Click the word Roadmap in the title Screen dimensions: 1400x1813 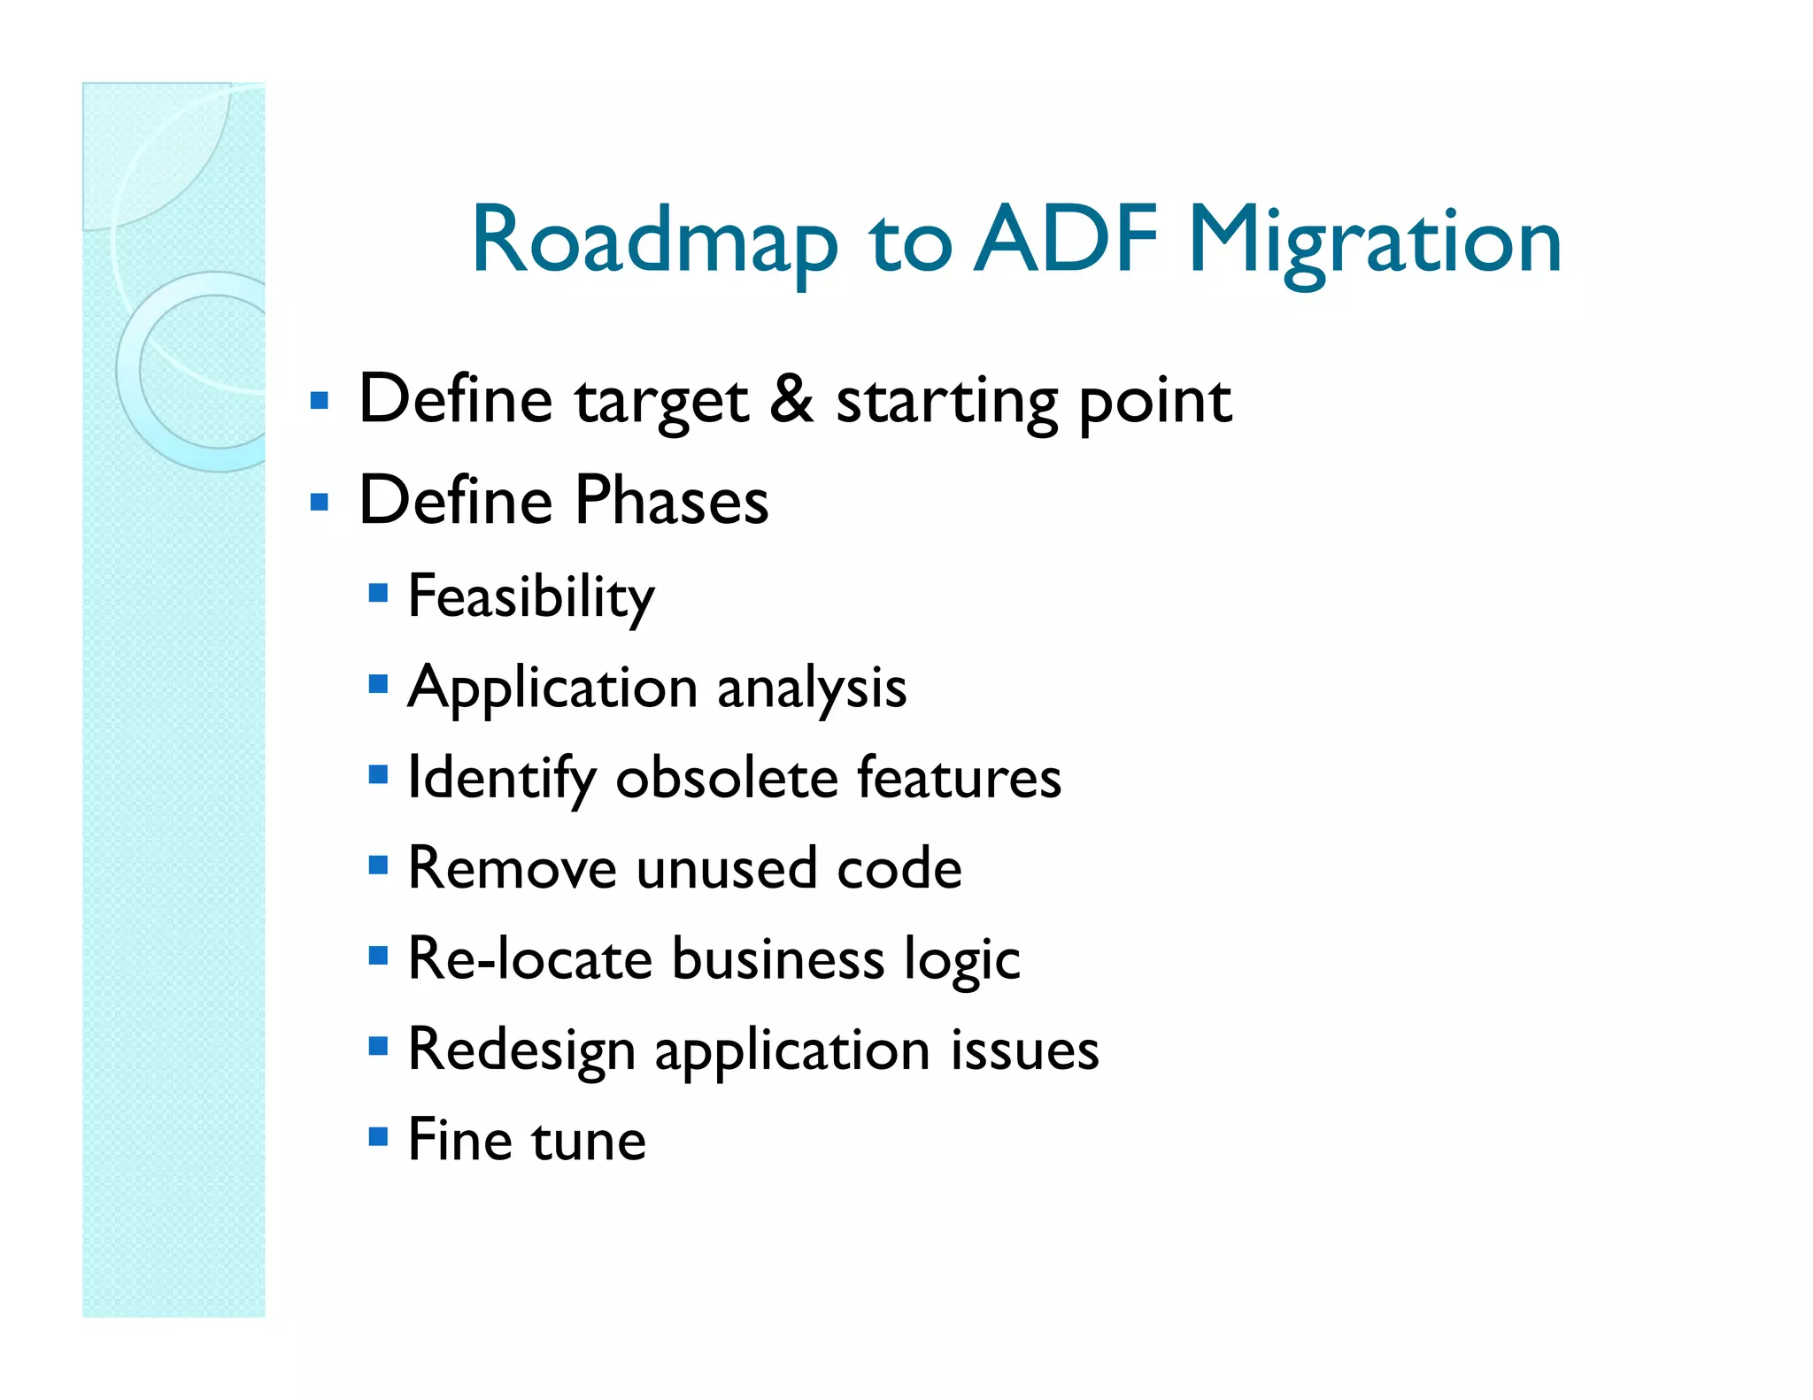(x=654, y=241)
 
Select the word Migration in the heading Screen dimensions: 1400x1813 (x=1374, y=241)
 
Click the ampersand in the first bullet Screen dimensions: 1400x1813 (x=791, y=399)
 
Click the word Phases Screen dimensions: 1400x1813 (x=672, y=500)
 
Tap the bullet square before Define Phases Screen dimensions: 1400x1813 (x=320, y=503)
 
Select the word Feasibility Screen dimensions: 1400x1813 (x=531, y=597)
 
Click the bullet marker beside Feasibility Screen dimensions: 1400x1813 (x=378, y=592)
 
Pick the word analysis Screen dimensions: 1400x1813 (x=811, y=689)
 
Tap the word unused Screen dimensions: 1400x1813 (x=726, y=869)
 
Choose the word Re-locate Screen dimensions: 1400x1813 (x=529, y=959)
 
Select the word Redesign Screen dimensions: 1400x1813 (x=521, y=1051)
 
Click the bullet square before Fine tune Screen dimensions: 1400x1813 (x=378, y=1135)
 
